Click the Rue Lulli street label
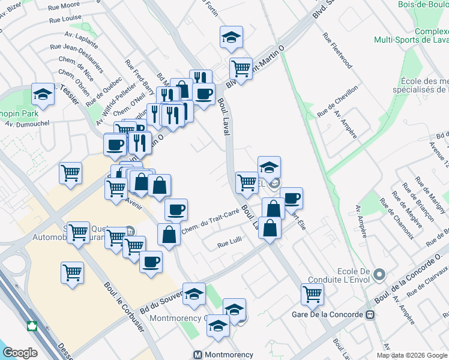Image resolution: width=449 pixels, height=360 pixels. [229, 244]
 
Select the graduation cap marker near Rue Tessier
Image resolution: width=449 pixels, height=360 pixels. [43, 94]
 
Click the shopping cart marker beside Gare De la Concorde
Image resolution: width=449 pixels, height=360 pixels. [312, 294]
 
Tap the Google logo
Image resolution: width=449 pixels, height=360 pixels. [20, 352]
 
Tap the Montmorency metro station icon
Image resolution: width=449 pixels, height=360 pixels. [199, 355]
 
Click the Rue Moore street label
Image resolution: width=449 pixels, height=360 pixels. [67, 5]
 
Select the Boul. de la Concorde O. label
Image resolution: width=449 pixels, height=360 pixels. [408, 277]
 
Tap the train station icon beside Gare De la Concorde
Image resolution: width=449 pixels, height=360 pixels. [370, 315]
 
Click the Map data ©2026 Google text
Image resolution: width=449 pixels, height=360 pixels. [412, 355]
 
